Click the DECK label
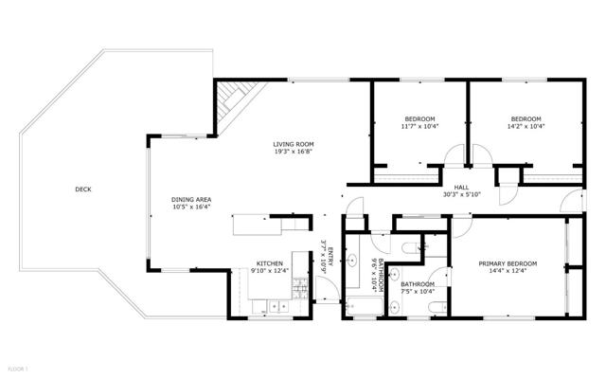pyautogui.click(x=83, y=189)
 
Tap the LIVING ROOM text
pyautogui.click(x=294, y=145)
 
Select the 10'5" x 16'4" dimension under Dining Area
pyautogui.click(x=191, y=207)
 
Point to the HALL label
pyautogui.click(x=461, y=188)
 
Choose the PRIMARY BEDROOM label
pyautogui.click(x=508, y=263)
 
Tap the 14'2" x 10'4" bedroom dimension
pyautogui.click(x=526, y=126)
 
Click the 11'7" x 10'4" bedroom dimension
pyautogui.click(x=419, y=126)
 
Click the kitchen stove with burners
pyautogui.click(x=300, y=288)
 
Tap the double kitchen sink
pyautogui.click(x=278, y=307)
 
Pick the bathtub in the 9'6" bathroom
pyautogui.click(x=365, y=307)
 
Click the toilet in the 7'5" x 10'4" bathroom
pyautogui.click(x=437, y=307)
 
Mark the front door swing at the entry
pyautogui.click(x=328, y=288)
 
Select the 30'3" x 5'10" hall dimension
pyautogui.click(x=461, y=195)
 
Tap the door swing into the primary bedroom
pyautogui.click(x=462, y=228)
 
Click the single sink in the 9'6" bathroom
pyautogui.click(x=352, y=261)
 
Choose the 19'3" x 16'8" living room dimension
pyautogui.click(x=294, y=152)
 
